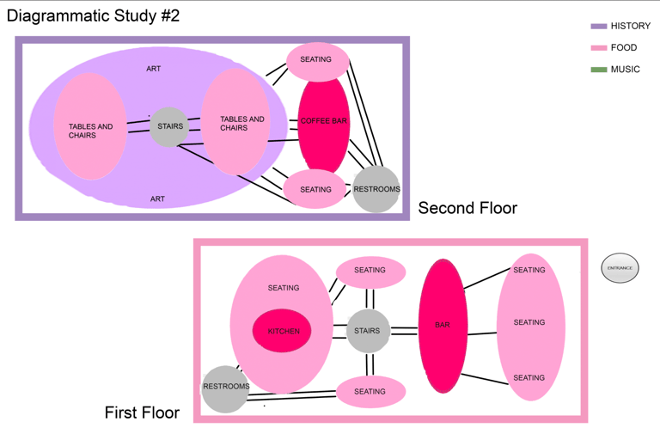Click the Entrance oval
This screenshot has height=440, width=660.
tap(620, 268)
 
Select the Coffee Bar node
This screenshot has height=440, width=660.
tap(324, 122)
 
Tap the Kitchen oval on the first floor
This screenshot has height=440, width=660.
tap(282, 330)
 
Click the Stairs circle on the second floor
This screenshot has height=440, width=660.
tap(170, 127)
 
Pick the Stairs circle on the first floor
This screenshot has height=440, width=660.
tap(368, 330)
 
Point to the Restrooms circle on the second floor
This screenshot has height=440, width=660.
tap(376, 189)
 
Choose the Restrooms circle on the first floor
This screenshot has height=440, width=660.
tap(225, 388)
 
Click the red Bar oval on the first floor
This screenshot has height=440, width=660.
tap(443, 325)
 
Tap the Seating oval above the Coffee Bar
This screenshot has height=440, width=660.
tap(316, 60)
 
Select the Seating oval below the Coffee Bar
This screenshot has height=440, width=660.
tap(315, 189)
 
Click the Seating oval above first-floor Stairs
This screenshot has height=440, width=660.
tap(370, 271)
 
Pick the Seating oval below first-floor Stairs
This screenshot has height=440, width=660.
tap(370, 392)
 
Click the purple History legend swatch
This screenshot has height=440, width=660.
tap(599, 27)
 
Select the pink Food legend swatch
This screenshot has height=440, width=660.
tap(599, 48)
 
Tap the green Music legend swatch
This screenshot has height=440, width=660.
tap(599, 70)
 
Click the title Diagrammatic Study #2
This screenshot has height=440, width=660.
tap(94, 15)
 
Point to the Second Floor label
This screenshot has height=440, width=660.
tap(467, 208)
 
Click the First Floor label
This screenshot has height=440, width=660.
tap(142, 413)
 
